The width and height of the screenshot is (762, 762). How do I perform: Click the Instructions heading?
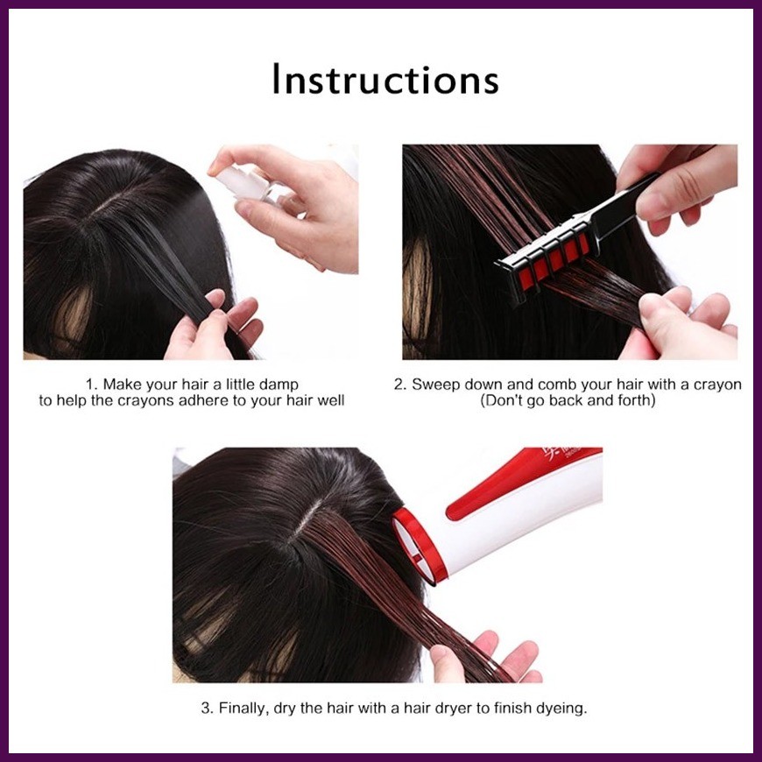point(385,80)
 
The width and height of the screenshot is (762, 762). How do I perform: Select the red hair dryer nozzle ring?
point(420,544)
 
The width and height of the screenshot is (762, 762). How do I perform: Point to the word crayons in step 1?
point(147,401)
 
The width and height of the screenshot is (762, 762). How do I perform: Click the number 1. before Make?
point(92,385)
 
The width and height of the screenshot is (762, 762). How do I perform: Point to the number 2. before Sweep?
point(400,385)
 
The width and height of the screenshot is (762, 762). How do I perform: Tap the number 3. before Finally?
point(208,708)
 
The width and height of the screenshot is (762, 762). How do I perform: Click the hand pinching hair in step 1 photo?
point(214,325)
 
